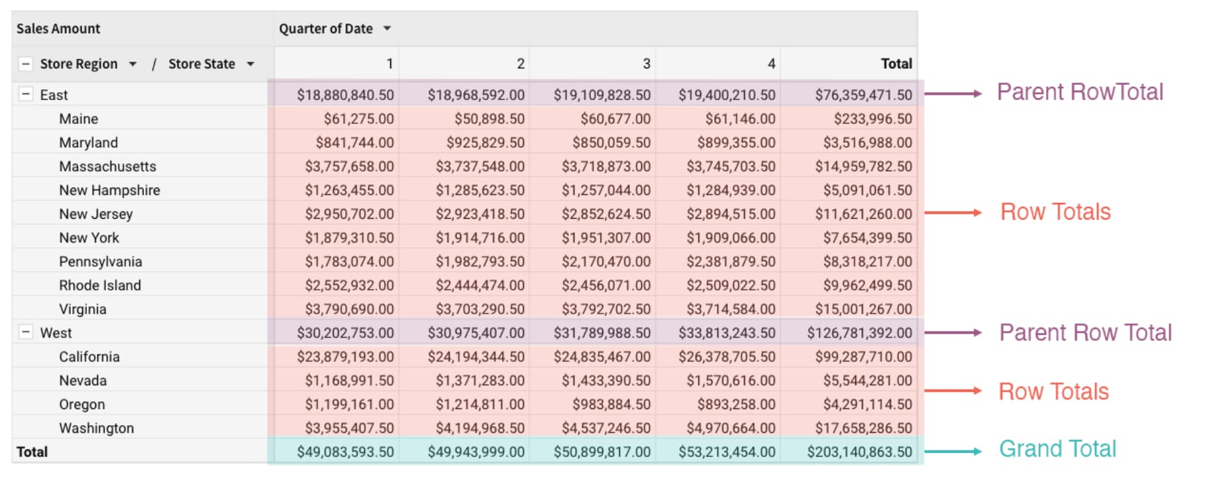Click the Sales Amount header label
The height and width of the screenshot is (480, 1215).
(x=58, y=29)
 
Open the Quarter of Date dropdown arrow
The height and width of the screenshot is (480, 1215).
(x=387, y=29)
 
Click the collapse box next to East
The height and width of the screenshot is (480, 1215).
(x=25, y=94)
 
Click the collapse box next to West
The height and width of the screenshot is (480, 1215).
(x=25, y=332)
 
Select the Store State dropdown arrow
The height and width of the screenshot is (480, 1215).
(x=250, y=64)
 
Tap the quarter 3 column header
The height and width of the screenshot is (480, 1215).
(x=646, y=64)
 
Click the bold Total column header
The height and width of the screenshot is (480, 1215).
(x=896, y=64)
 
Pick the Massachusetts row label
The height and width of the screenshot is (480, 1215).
(x=107, y=166)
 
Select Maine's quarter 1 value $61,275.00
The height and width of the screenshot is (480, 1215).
(x=358, y=119)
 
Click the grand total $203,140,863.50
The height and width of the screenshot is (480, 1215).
(x=859, y=452)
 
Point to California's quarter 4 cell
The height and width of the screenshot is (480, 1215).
(x=727, y=357)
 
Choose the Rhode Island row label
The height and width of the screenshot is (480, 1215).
(x=100, y=285)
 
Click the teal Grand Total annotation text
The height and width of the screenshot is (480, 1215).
(x=1057, y=449)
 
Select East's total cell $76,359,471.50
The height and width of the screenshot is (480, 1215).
(x=863, y=95)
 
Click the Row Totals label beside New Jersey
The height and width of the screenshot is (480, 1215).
(x=1055, y=212)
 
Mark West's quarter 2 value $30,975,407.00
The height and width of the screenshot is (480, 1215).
(x=476, y=333)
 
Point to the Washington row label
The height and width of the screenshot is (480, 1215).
(x=96, y=428)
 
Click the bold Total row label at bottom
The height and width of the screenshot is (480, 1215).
(x=32, y=452)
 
